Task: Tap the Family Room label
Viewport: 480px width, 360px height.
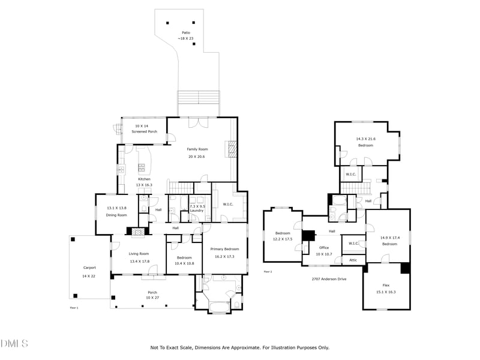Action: [x=197, y=149]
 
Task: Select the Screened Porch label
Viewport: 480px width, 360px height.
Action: [x=144, y=131]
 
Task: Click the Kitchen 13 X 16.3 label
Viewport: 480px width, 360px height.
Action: [x=145, y=182]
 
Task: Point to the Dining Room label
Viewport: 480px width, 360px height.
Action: [x=117, y=215]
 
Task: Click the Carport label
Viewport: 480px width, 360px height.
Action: [x=89, y=268]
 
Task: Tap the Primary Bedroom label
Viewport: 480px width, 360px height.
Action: [x=224, y=249]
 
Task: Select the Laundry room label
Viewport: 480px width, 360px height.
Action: [x=197, y=211]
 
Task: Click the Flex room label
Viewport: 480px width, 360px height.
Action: [x=386, y=285]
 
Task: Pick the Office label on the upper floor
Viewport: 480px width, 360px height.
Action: [x=324, y=247]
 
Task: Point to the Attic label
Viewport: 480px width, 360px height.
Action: [x=353, y=260]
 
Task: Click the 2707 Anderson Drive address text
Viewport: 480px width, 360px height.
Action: [x=329, y=279]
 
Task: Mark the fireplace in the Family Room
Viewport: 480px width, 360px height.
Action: [x=231, y=148]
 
